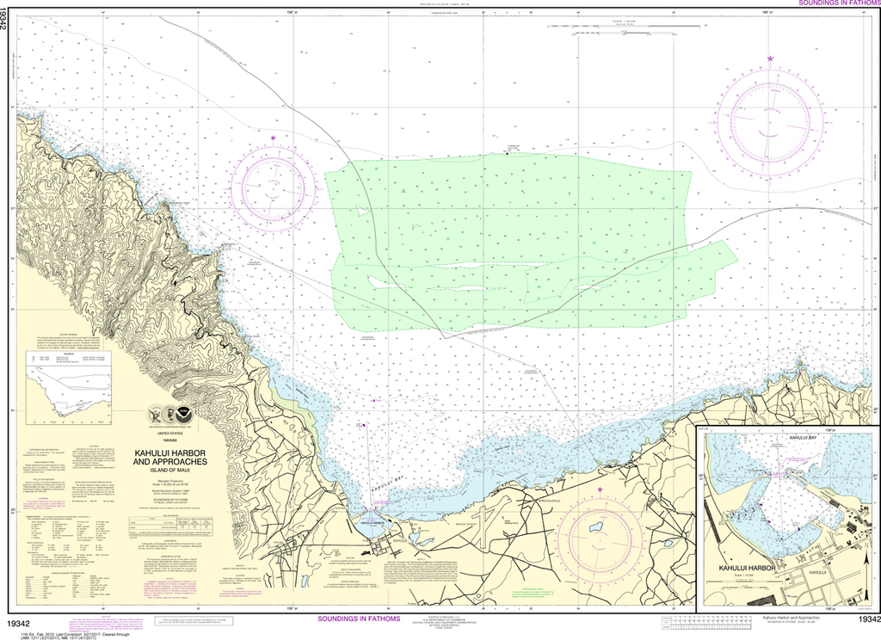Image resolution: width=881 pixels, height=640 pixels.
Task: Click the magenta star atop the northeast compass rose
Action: pos(770,58)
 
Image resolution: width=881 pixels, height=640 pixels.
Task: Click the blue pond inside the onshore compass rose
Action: pos(595,526)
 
